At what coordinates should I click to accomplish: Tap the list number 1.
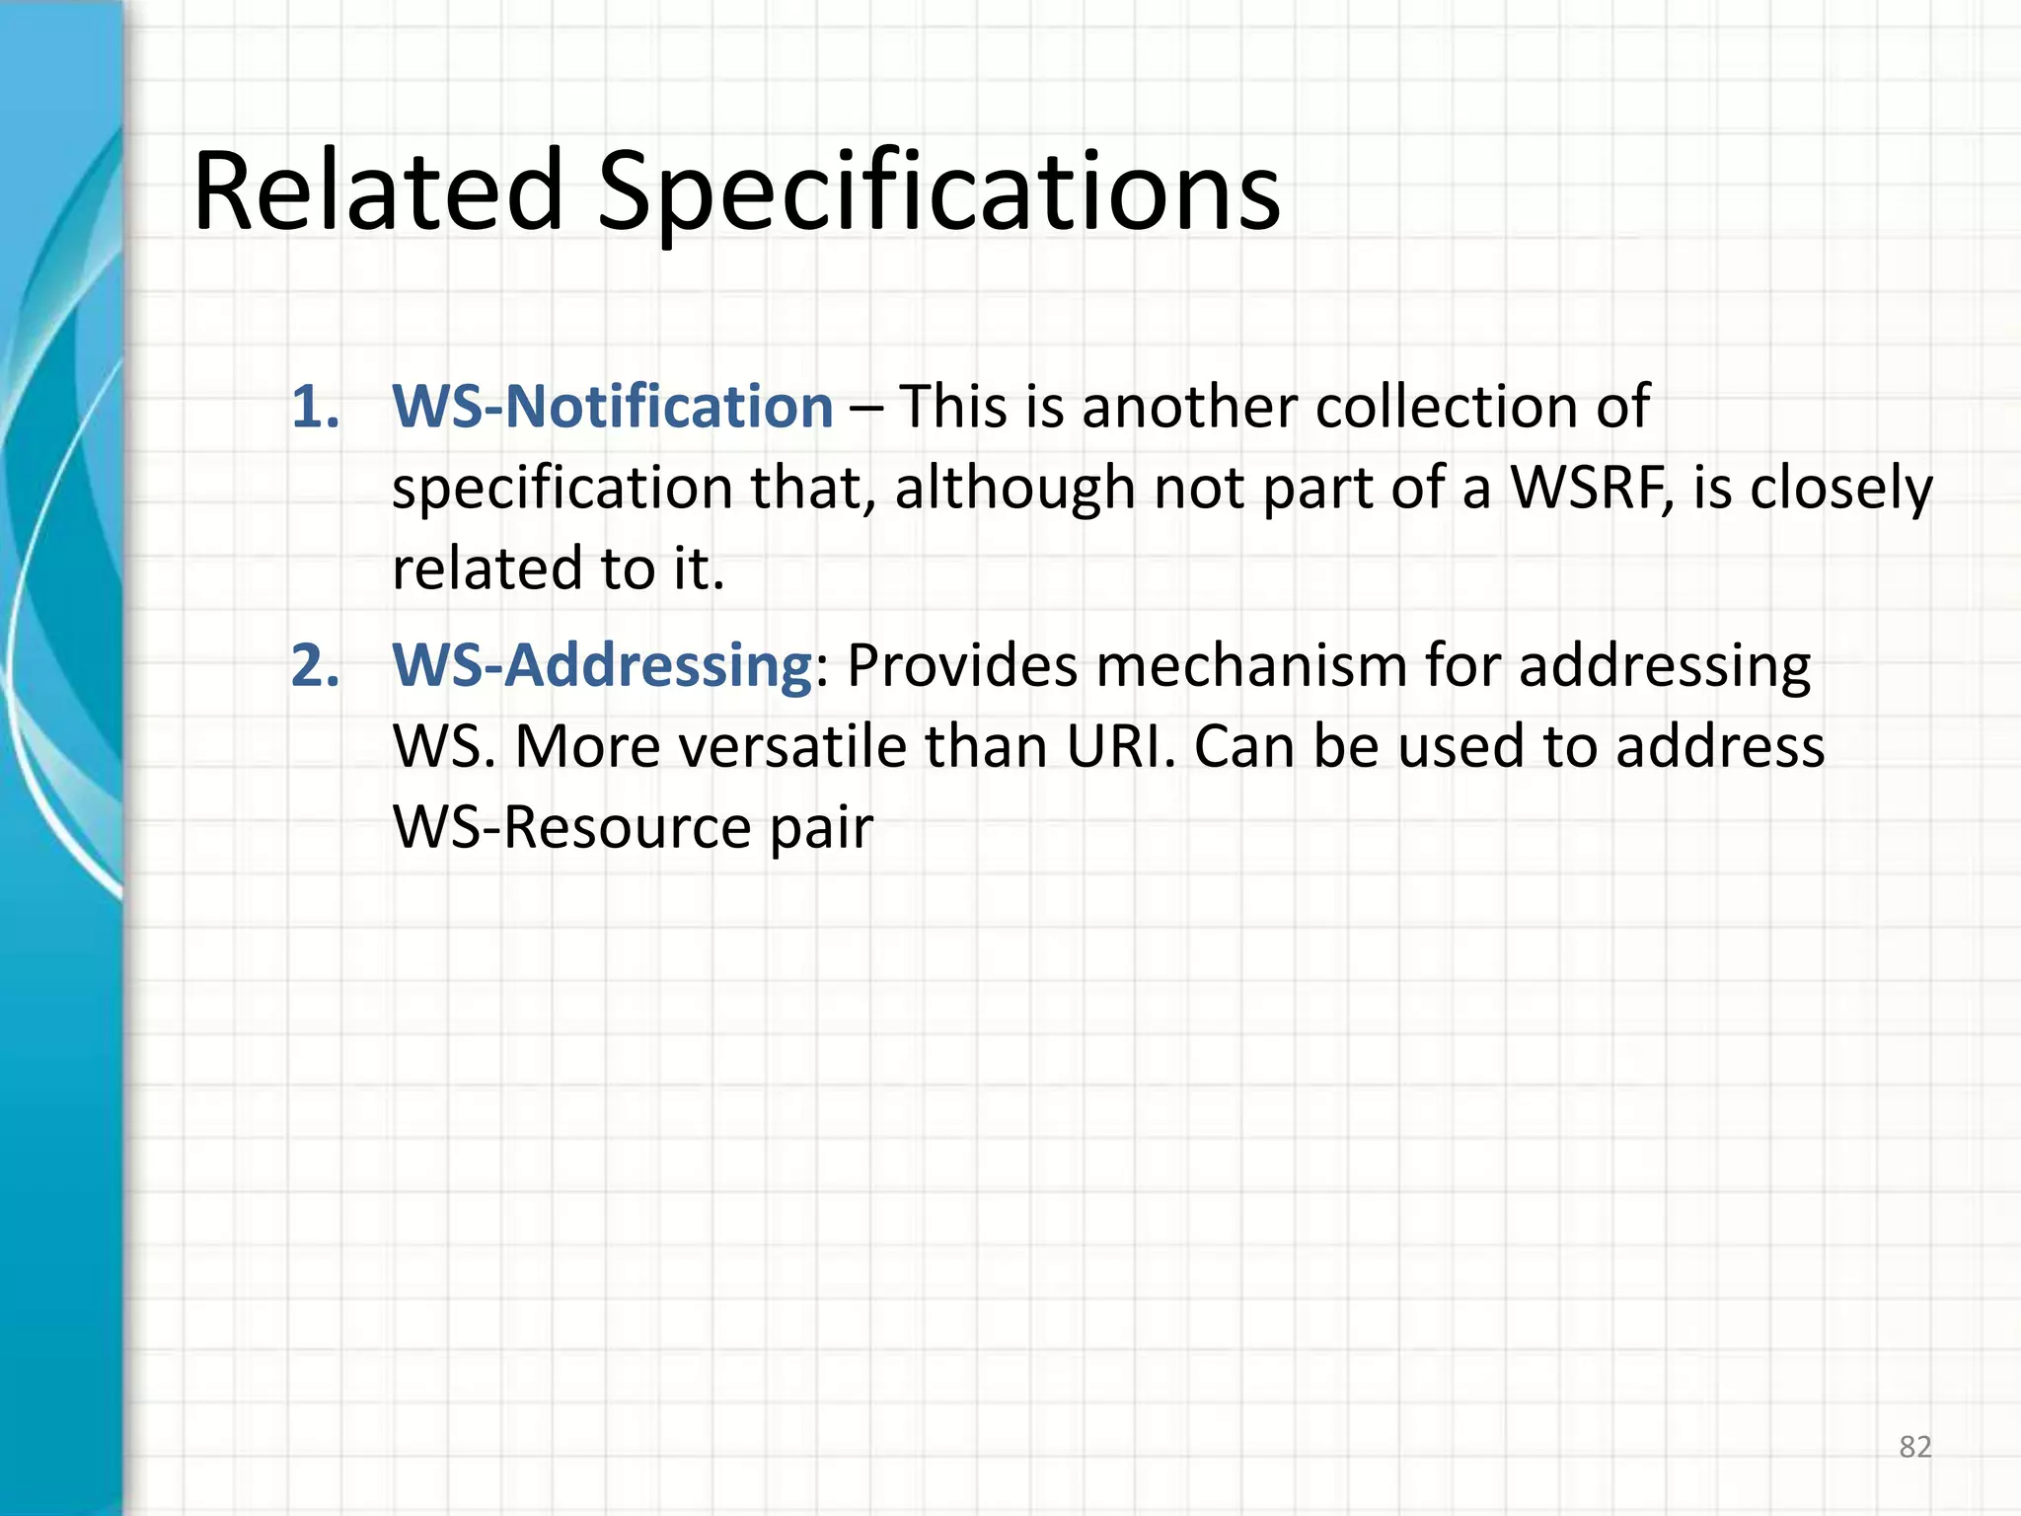[x=315, y=407]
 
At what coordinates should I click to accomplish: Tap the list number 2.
[x=315, y=665]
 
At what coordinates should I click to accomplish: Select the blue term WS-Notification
[x=613, y=407]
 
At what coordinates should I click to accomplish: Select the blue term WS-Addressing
[x=602, y=665]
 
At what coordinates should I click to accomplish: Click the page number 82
[x=1914, y=1447]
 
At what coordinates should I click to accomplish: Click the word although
[x=1014, y=488]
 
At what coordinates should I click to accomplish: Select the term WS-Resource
[x=571, y=827]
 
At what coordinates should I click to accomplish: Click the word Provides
[x=962, y=665]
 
